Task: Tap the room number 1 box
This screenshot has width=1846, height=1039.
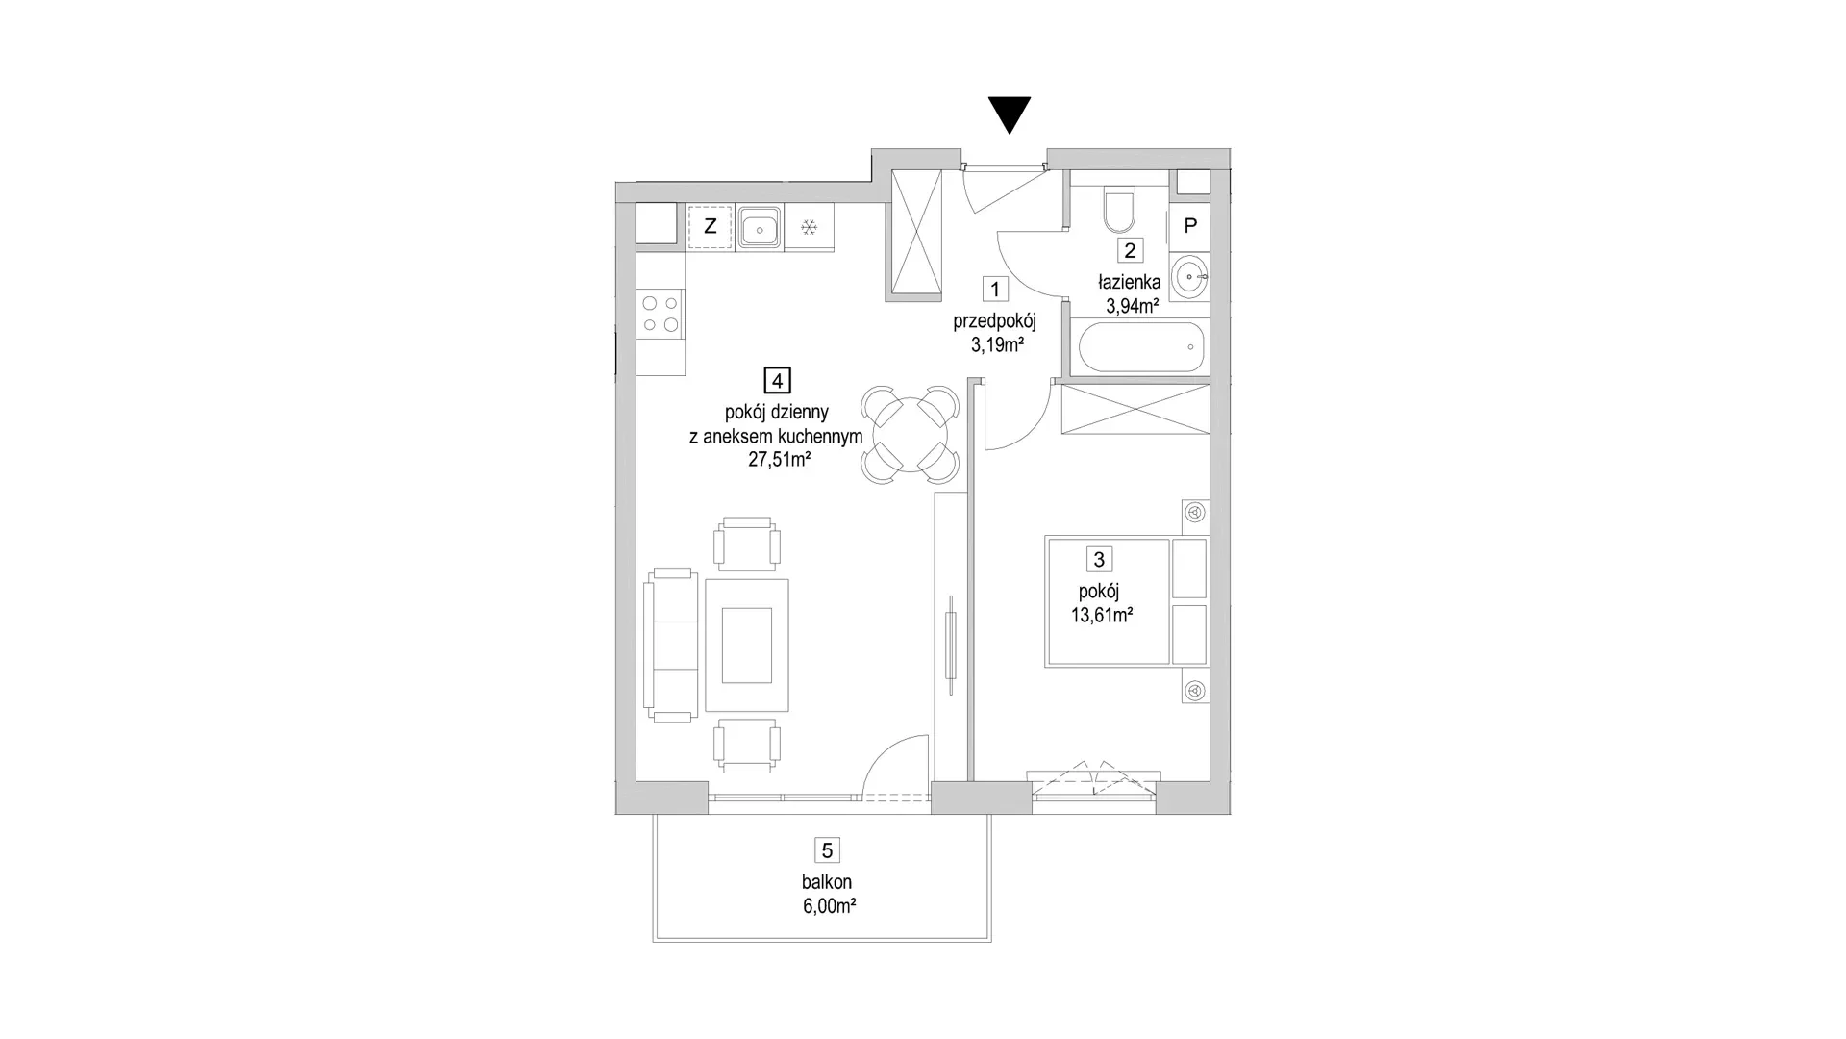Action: pos(995,289)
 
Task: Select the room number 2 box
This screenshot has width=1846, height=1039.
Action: pos(1130,250)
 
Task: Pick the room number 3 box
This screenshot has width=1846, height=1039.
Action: pos(1099,559)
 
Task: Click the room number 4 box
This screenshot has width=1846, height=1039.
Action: pos(777,380)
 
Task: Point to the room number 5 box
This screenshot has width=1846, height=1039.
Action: pos(827,850)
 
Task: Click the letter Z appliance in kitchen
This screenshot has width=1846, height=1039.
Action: pos(711,227)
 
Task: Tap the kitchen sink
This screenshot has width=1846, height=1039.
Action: pos(760,228)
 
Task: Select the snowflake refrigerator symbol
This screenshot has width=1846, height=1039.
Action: pos(810,228)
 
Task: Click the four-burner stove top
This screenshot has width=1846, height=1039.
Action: pos(661,314)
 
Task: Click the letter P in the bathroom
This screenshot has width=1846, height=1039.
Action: pos(1190,226)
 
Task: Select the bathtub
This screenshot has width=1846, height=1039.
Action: pos(1141,347)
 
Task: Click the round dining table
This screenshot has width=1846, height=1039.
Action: pos(910,435)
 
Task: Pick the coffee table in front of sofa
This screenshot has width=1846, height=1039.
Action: pos(747,645)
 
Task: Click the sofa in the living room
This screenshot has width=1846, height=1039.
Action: pos(671,645)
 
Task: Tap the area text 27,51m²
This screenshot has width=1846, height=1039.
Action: pos(780,459)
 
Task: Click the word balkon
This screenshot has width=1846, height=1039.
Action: pos(827,882)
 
